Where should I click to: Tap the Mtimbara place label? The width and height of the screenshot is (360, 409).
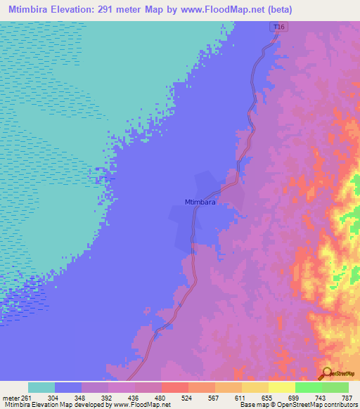point(200,201)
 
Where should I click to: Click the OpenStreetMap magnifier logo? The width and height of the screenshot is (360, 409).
point(328,373)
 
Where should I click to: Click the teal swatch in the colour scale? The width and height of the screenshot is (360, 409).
point(41,387)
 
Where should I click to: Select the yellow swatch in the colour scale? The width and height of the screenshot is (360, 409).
point(281,387)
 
